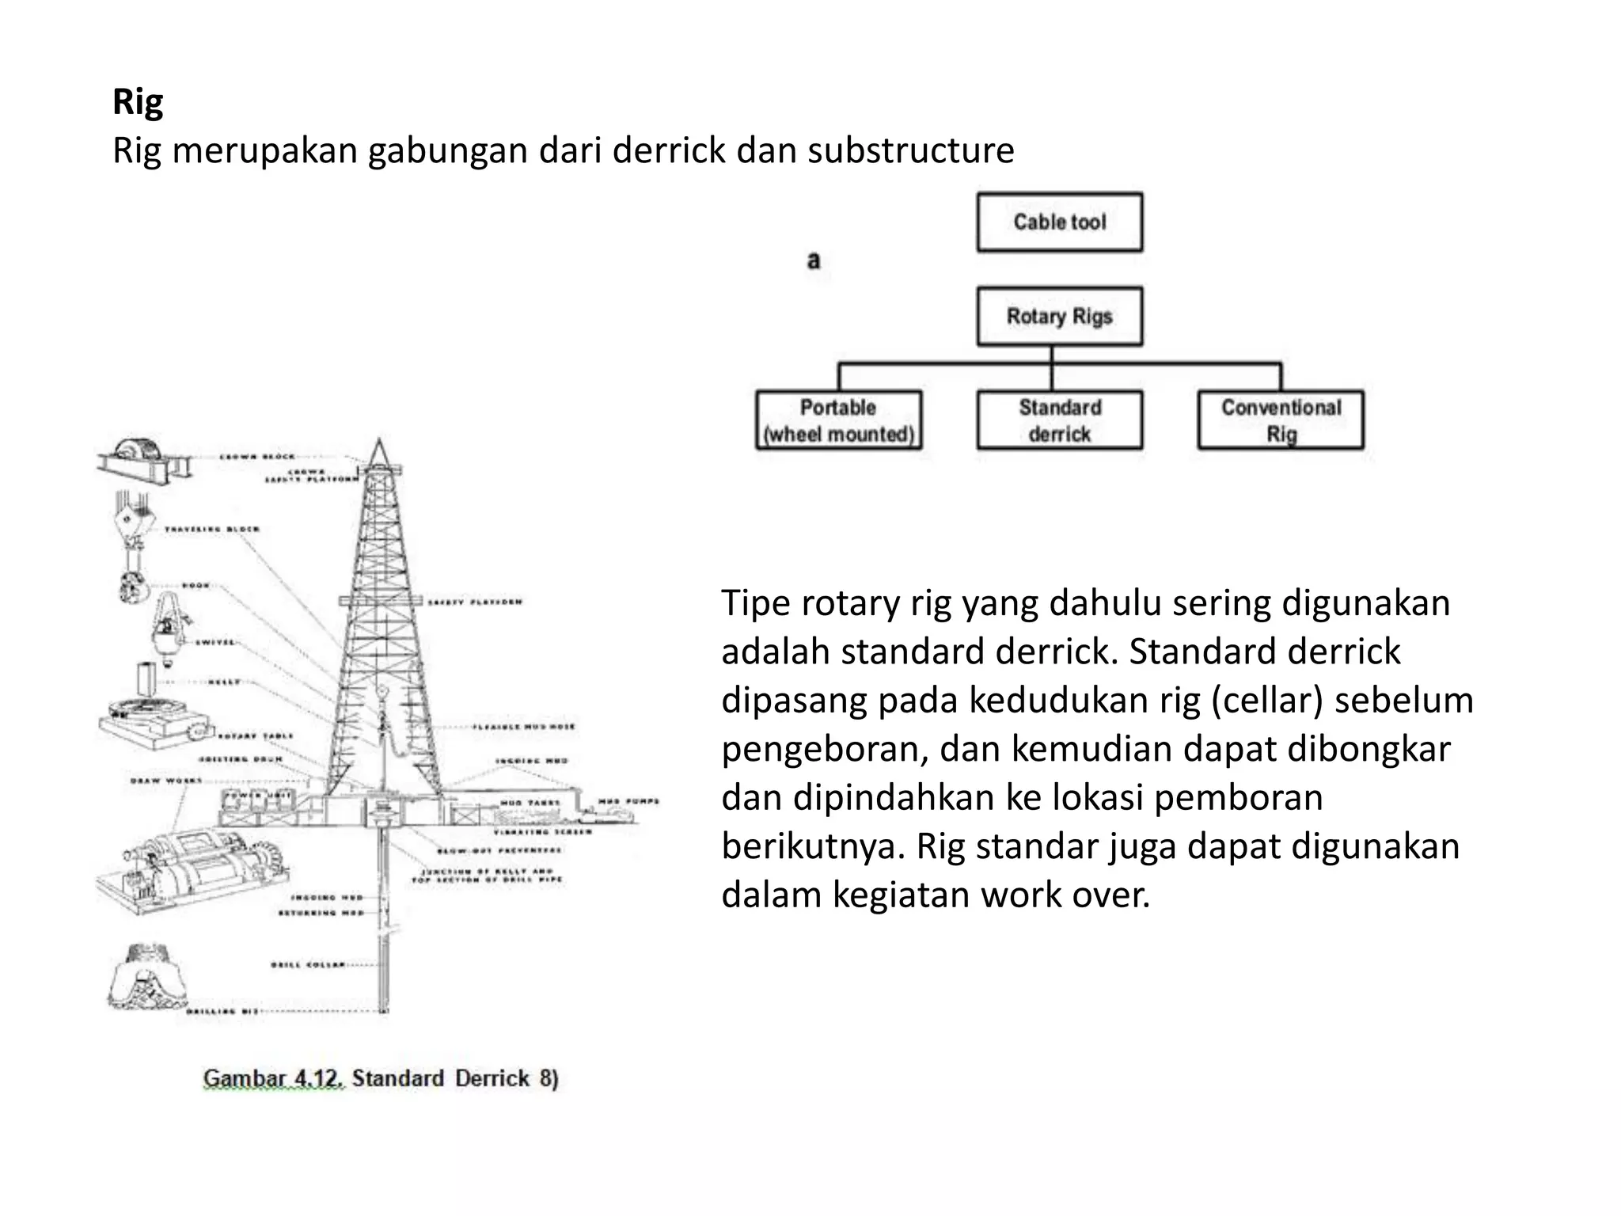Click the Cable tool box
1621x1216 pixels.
coord(1059,222)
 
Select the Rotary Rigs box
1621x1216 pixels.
coord(1059,317)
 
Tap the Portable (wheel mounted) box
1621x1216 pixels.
coord(838,420)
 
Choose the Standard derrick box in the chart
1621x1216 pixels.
coord(1059,420)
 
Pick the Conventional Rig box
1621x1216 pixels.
coord(1281,420)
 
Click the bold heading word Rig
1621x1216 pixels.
coord(138,102)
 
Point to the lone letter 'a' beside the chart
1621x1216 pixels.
coord(813,260)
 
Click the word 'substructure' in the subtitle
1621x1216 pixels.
coord(910,150)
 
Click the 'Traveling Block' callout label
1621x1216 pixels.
coord(211,529)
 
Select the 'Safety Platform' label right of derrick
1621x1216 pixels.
coord(475,602)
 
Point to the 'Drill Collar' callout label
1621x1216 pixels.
coord(308,965)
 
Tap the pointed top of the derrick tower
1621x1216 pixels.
coord(378,443)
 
